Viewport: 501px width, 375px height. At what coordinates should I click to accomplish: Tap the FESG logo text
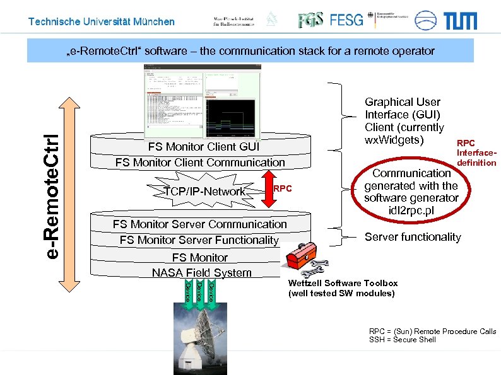(x=346, y=20)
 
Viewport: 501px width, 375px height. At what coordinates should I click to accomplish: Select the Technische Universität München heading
(x=102, y=22)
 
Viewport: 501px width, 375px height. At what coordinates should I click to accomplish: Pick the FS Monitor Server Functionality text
(x=199, y=240)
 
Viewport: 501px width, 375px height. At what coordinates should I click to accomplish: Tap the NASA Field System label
(x=201, y=273)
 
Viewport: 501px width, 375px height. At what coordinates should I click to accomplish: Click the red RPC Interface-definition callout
(x=476, y=153)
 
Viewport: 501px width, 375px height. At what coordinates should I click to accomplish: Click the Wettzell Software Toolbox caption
(x=343, y=288)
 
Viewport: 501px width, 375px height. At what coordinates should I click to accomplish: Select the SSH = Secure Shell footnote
(x=402, y=340)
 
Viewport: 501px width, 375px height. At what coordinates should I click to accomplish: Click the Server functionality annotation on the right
(x=413, y=237)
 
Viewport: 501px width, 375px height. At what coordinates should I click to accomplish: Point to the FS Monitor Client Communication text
(x=200, y=163)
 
